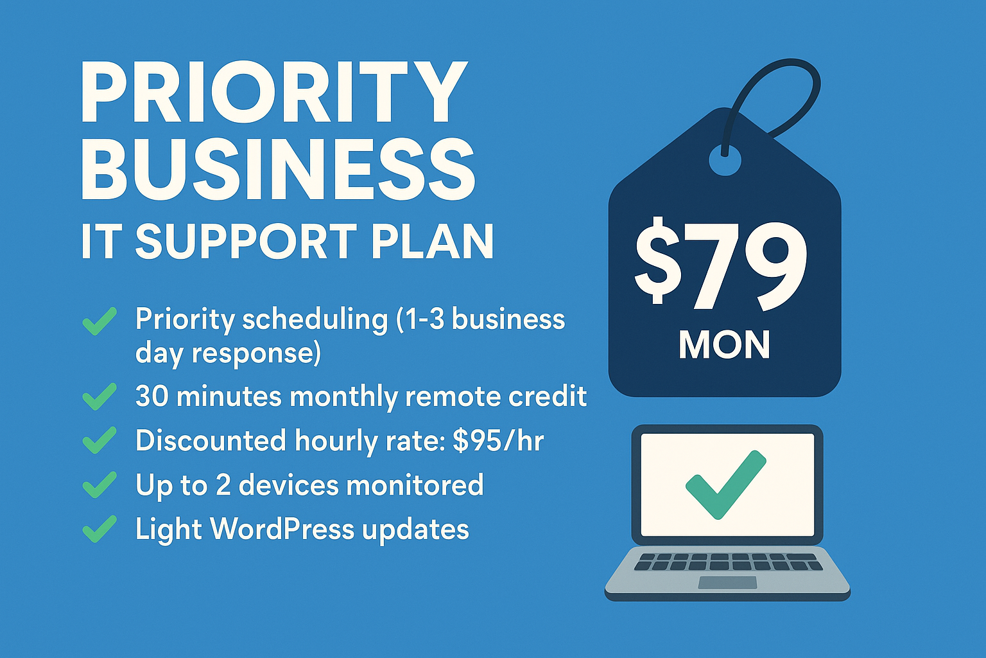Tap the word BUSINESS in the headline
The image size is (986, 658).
coord(278,170)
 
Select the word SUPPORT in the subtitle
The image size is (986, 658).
coord(246,242)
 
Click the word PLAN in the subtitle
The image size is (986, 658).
coord(433,242)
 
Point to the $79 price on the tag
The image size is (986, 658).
coord(721,265)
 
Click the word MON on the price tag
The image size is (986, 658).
coord(725,344)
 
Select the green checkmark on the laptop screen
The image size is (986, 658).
coord(726,485)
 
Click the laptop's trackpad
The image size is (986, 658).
coord(727,582)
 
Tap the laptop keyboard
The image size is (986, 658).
coord(727,562)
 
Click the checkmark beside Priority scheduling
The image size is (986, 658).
coord(99,321)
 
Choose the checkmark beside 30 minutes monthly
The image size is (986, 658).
coord(99,396)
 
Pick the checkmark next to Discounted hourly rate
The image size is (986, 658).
coord(99,440)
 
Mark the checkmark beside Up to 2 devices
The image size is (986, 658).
coord(99,485)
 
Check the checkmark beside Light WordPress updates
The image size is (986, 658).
coord(99,528)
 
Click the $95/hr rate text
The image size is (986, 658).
coord(498,441)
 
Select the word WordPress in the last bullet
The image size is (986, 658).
coord(282,528)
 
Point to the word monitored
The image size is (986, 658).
coord(415,485)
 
